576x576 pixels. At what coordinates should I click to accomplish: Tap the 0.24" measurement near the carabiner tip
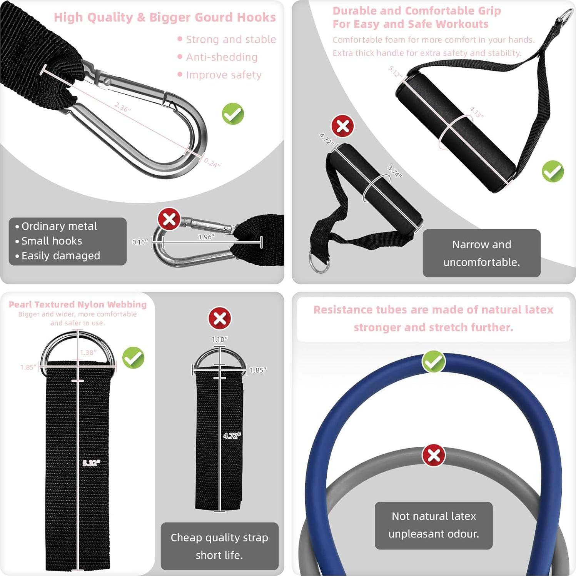coord(212,163)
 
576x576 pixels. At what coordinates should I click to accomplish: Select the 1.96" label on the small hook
coord(206,237)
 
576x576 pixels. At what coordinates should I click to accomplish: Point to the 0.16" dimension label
coord(140,242)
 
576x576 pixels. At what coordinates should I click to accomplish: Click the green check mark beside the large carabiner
coord(233,114)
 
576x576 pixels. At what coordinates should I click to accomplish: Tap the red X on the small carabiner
coord(169,219)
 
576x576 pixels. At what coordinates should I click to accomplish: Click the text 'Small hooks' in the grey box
coord(52,241)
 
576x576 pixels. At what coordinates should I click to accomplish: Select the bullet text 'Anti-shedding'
coord(222,57)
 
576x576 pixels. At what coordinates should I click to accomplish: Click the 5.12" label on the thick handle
coord(395,72)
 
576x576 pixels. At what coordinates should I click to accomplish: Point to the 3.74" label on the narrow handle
coord(394,171)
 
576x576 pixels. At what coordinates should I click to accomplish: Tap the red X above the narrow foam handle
coord(342,126)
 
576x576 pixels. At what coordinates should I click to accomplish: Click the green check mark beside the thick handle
coord(553,171)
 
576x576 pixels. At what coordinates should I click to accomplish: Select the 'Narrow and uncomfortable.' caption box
coord(481,253)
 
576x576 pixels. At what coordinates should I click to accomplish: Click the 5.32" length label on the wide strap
coord(91,463)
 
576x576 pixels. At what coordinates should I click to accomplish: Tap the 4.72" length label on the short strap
coord(232,436)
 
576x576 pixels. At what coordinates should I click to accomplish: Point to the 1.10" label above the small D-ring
coord(219,339)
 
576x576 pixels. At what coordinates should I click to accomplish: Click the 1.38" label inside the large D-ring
coord(88,352)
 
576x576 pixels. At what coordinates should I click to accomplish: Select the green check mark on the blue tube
coord(434,361)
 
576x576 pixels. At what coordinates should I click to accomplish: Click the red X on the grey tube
coord(434,456)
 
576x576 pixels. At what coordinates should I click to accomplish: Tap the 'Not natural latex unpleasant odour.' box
coord(434,525)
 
